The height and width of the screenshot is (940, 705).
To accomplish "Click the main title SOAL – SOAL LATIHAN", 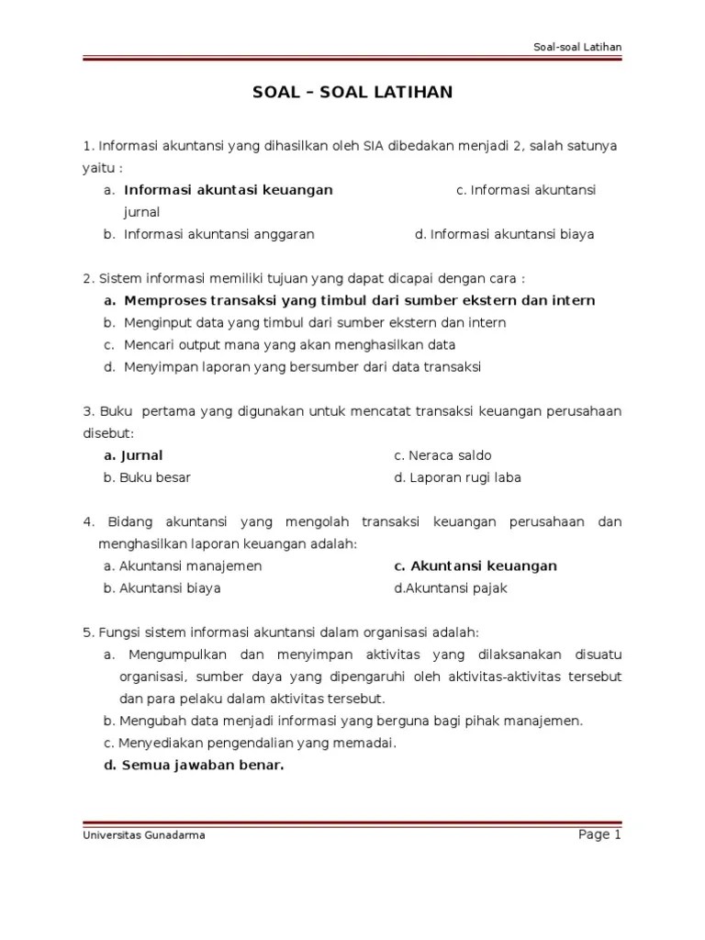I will click(352, 93).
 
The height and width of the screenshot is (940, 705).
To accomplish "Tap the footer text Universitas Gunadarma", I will click(143, 835).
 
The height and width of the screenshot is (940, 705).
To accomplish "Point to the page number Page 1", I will click(599, 834).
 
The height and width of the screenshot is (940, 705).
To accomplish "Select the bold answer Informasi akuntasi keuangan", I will click(228, 190).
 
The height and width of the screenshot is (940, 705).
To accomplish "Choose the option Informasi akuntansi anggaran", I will click(218, 234).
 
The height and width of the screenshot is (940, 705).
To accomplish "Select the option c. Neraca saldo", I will click(442, 455).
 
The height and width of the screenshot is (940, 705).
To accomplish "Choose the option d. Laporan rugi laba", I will click(457, 477).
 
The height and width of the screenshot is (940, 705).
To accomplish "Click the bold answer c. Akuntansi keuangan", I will click(475, 565).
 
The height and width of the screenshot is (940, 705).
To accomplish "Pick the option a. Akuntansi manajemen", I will click(183, 565).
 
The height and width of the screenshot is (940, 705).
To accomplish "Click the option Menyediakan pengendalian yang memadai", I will click(258, 743).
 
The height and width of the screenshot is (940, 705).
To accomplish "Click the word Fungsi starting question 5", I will click(119, 632).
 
